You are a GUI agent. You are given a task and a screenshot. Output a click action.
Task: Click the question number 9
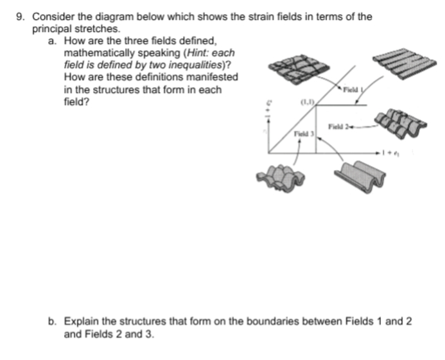pyautogui.click(x=20, y=17)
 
